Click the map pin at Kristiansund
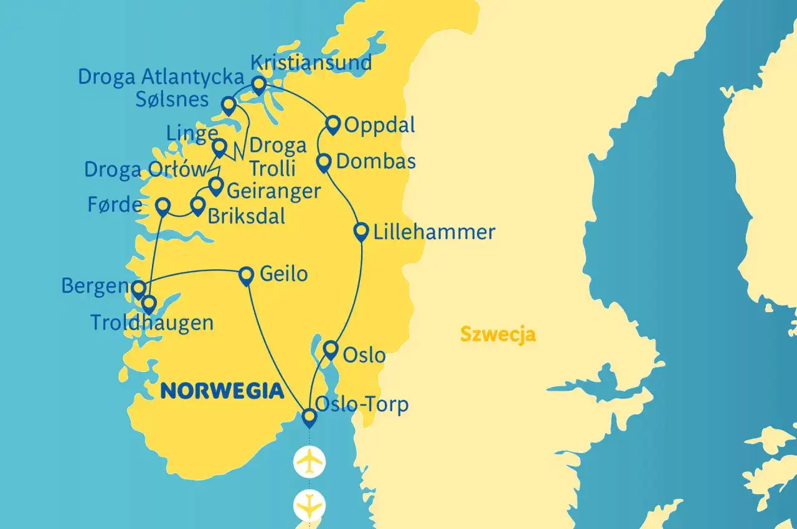click(258, 84)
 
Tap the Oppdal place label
click(380, 125)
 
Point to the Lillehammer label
click(434, 232)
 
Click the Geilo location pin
click(247, 274)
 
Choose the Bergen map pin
click(138, 288)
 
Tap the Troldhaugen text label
click(152, 323)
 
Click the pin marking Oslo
click(331, 348)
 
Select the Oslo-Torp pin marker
click(309, 416)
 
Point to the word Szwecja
click(498, 335)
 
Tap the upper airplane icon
click(310, 462)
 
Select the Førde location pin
click(163, 206)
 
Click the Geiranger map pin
click(215, 185)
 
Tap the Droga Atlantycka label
click(160, 77)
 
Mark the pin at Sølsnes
click(229, 104)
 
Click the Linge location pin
click(219, 148)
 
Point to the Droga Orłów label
click(144, 169)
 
